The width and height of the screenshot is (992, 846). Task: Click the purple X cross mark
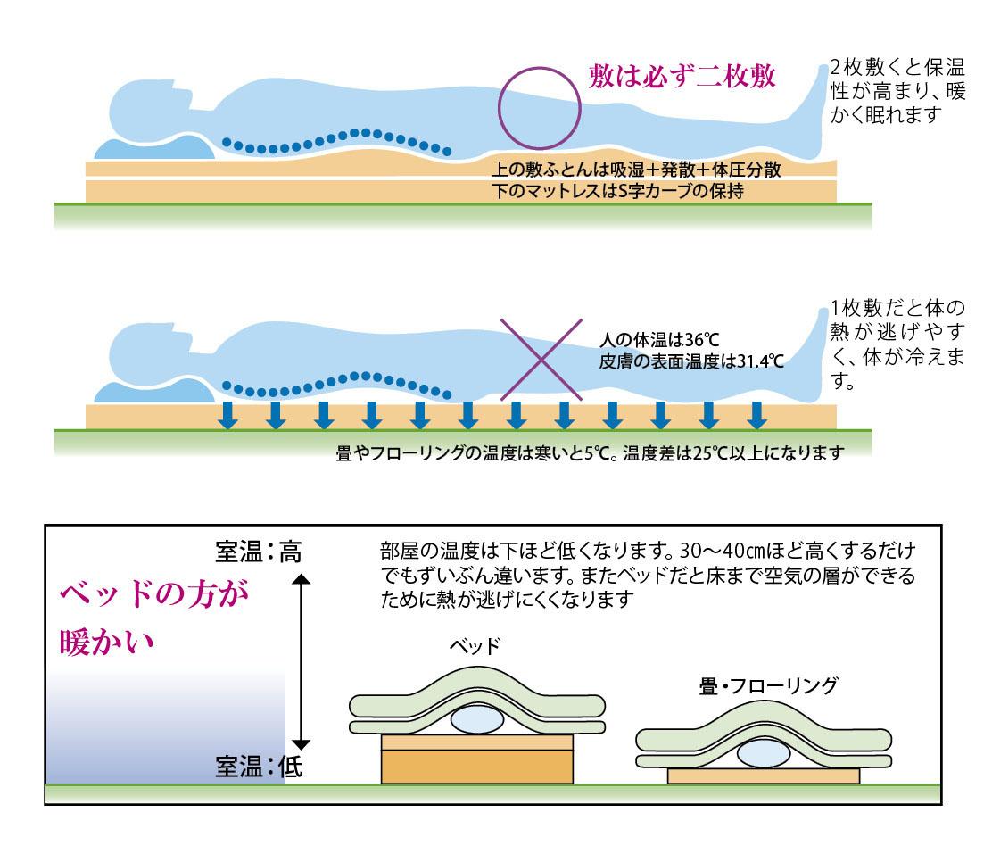coord(541,358)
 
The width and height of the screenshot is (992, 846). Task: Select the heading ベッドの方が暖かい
coord(152,618)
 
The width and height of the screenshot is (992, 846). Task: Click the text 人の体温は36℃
coord(658,342)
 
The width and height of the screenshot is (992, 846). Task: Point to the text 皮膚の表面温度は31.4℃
coord(691,361)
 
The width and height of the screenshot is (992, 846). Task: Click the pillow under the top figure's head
coord(152,148)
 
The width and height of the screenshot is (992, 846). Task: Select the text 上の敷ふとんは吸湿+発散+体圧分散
coord(637,170)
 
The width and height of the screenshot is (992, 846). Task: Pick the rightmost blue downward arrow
coord(756,415)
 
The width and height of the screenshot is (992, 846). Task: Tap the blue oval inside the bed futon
coord(477,719)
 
